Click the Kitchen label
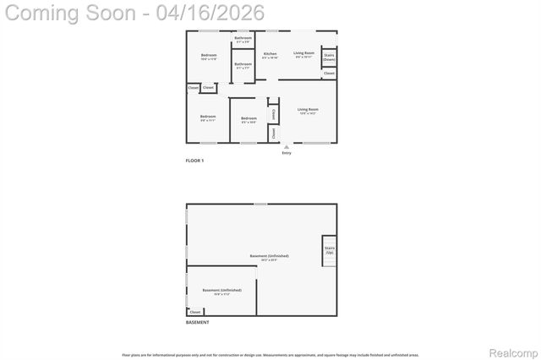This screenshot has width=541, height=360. click(270, 54)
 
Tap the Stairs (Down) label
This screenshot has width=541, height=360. click(329, 57)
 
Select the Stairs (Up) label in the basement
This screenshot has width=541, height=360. click(330, 250)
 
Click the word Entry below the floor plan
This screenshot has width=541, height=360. click(287, 152)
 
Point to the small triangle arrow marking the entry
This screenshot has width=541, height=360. click(287, 146)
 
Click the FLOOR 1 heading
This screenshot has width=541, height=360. click(194, 161)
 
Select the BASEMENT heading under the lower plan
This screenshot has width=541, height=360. click(197, 322)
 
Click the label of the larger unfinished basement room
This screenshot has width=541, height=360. click(269, 256)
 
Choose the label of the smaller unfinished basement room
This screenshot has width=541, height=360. click(216, 290)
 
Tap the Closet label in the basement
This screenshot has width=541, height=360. click(195, 312)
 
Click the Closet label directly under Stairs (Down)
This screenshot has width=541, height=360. click(329, 74)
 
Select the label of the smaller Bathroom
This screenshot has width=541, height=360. click(243, 38)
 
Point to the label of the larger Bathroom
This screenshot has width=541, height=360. click(243, 64)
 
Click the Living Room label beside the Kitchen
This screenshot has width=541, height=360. click(304, 53)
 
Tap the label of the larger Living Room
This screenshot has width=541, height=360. click(308, 109)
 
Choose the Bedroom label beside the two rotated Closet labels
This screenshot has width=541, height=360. click(249, 117)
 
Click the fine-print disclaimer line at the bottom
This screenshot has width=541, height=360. click(270, 355)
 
